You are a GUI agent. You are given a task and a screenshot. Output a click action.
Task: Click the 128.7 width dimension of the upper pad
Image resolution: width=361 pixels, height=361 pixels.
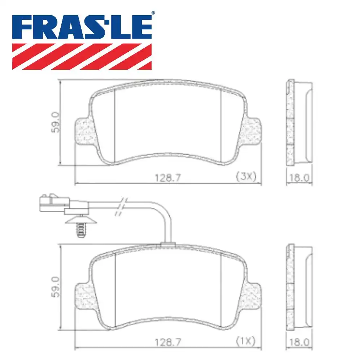point(168,177)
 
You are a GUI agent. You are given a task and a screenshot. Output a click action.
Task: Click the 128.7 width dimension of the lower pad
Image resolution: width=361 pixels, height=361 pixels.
point(168,341)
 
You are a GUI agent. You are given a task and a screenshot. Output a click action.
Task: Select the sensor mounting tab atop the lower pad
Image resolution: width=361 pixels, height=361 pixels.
point(168,245)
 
